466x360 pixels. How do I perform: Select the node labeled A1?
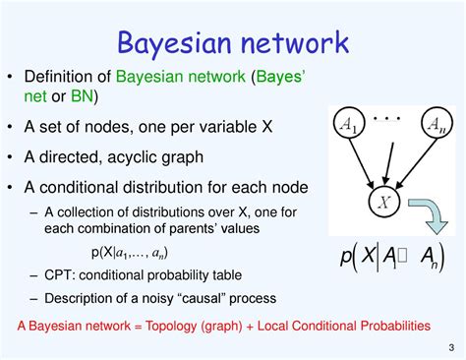tap(349, 123)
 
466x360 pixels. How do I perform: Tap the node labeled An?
tap(436, 123)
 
